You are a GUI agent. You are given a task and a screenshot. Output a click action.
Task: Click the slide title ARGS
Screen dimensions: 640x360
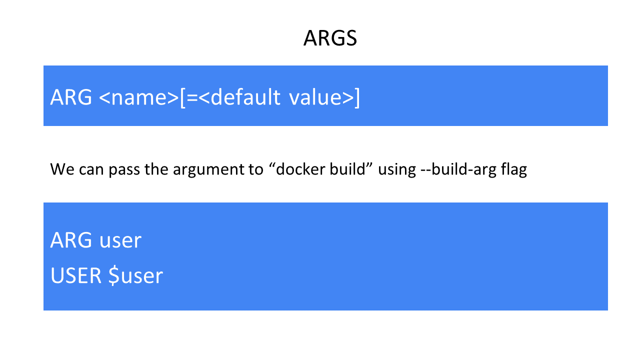pos(330,38)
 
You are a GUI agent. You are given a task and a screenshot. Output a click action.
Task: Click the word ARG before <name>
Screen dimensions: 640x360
pos(71,97)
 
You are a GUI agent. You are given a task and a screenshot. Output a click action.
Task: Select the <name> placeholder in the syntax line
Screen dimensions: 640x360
pos(139,97)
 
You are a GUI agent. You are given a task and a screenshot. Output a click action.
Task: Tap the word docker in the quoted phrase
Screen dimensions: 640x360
pos(299,169)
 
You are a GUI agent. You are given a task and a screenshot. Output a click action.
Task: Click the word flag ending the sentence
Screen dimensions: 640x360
pos(514,170)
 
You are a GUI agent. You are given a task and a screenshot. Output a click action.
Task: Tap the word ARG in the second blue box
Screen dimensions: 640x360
pos(71,240)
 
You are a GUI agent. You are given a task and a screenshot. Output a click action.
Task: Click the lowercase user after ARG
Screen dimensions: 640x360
pos(120,241)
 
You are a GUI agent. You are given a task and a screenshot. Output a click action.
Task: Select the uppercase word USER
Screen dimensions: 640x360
pos(75,275)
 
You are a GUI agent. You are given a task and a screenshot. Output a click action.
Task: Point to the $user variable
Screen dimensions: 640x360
pos(135,275)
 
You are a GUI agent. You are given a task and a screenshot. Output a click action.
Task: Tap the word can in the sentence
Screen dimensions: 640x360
pos(91,170)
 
